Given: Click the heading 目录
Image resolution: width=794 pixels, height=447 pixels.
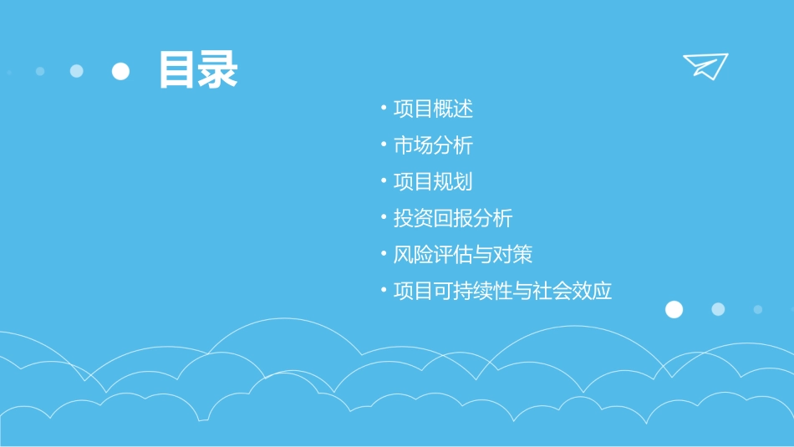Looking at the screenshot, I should [x=198, y=70].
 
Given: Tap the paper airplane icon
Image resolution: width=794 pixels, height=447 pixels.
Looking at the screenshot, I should [x=705, y=65].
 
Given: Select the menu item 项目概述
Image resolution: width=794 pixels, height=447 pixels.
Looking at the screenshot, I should [x=433, y=109].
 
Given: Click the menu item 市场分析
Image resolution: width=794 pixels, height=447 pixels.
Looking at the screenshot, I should [x=433, y=145].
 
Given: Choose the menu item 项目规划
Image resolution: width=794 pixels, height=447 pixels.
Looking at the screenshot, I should [x=433, y=181].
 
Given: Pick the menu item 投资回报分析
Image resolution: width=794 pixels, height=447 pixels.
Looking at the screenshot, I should [x=453, y=218].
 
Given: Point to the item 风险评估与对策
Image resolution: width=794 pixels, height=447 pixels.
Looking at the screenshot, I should [x=463, y=254].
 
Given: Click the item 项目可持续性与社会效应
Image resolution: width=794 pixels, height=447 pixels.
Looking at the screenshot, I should [x=502, y=291].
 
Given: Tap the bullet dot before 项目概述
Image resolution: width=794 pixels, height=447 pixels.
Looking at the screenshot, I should [x=384, y=108].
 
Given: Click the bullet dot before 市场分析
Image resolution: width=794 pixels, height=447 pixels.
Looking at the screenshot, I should [x=384, y=145].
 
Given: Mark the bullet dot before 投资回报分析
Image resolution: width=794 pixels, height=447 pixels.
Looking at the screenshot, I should [x=384, y=217].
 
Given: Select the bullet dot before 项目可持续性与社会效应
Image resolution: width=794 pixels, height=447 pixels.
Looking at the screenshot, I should [x=384, y=290].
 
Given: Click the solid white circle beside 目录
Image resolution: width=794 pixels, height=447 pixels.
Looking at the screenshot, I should [x=121, y=71].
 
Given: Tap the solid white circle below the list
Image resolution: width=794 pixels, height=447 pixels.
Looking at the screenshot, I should [x=674, y=310].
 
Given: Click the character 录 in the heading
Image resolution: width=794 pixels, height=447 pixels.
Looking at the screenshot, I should [x=218, y=70].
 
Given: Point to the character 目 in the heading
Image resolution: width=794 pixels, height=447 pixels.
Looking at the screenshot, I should [x=178, y=70].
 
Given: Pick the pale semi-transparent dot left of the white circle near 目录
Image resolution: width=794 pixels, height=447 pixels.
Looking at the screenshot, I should [x=77, y=71].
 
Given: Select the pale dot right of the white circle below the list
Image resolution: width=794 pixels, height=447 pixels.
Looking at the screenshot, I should [x=718, y=309].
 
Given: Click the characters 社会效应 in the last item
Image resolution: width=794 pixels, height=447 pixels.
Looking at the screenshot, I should [x=573, y=291].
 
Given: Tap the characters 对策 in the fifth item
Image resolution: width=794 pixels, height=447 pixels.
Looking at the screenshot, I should [x=512, y=254].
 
